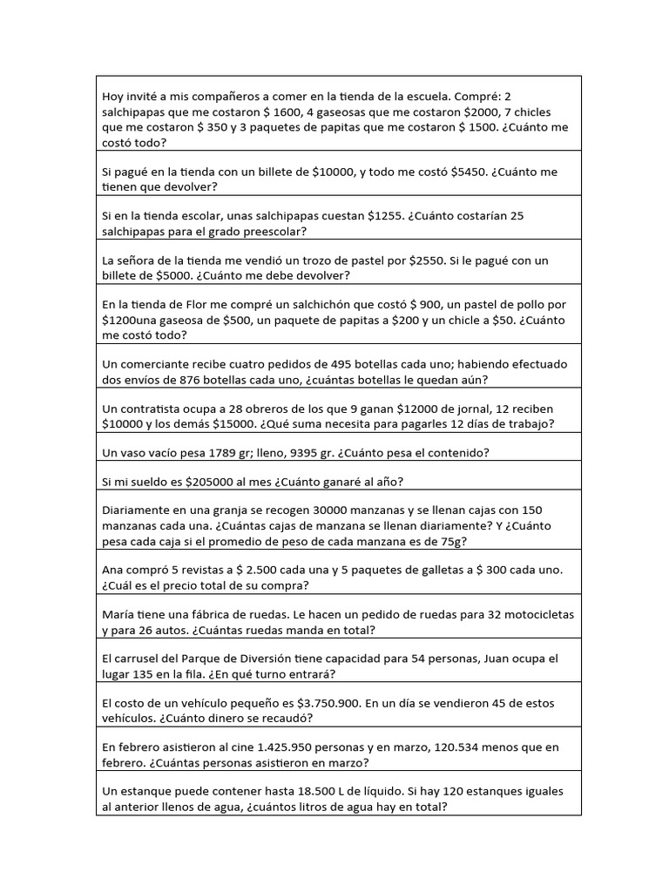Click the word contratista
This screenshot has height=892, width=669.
[x=152, y=409]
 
